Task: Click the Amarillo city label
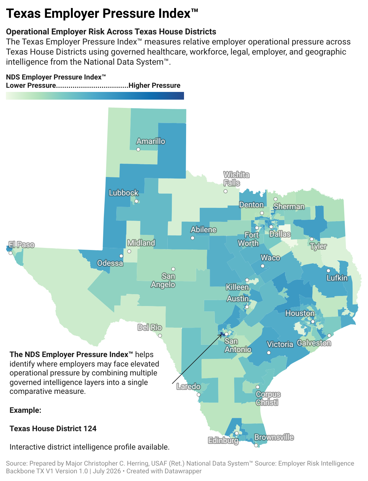[x=151, y=141]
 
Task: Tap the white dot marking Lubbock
[x=137, y=201]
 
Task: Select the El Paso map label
[x=21, y=245]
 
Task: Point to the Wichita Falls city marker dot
[x=226, y=191]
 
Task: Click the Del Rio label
[x=150, y=327]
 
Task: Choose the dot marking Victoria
[x=269, y=353]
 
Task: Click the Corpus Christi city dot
[x=258, y=387]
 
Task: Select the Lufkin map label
[x=337, y=278]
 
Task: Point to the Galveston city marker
[x=329, y=335]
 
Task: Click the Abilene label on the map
[x=204, y=230]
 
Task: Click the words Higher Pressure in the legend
[x=154, y=85]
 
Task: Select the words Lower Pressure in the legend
[x=31, y=85]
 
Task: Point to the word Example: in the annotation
[x=26, y=410]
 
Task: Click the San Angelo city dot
[x=173, y=269]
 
